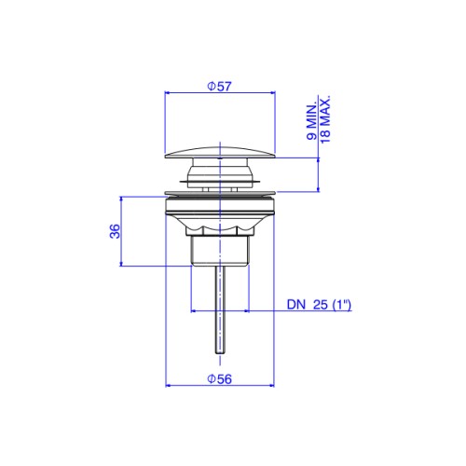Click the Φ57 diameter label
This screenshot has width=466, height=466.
point(219,87)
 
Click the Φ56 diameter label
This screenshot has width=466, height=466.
point(219,379)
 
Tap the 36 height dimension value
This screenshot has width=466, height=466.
point(115,231)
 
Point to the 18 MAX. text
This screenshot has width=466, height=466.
point(325,119)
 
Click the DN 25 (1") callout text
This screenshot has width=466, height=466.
point(319,305)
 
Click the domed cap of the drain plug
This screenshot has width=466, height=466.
point(220,152)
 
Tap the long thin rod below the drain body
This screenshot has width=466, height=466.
point(220,309)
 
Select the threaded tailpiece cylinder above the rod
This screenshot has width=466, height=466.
point(220,251)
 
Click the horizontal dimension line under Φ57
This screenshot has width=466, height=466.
point(220,92)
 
